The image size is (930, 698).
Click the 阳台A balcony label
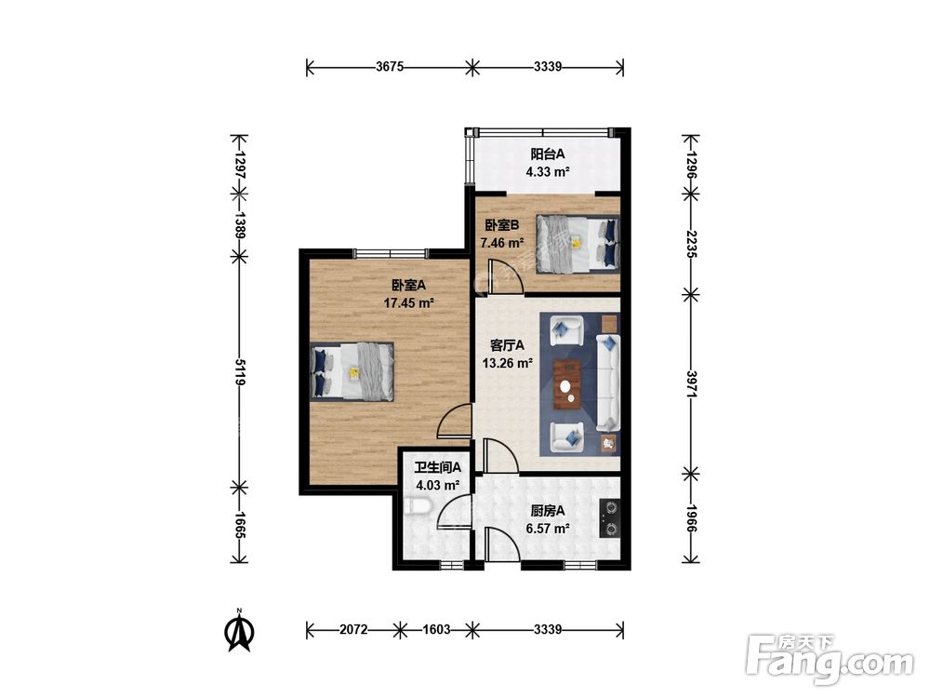[548, 154]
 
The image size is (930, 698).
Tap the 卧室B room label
[502, 225]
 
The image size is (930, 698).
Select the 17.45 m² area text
[408, 303]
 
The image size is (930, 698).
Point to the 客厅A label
[507, 345]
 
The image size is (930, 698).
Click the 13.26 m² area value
[507, 363]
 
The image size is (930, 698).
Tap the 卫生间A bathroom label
[437, 467]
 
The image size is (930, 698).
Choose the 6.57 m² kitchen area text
[548, 529]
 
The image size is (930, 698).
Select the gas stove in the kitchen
[610, 518]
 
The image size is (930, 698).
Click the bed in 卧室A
[352, 371]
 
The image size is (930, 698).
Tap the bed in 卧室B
[578, 244]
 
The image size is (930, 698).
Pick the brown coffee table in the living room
[567, 384]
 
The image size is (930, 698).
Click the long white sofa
[607, 383]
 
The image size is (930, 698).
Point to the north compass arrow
[240, 633]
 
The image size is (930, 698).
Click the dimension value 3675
[389, 66]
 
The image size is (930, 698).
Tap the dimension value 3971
[691, 384]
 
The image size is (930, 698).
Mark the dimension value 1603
[436, 629]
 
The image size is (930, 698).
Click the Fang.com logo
[830, 660]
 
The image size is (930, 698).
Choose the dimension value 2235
[691, 244]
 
